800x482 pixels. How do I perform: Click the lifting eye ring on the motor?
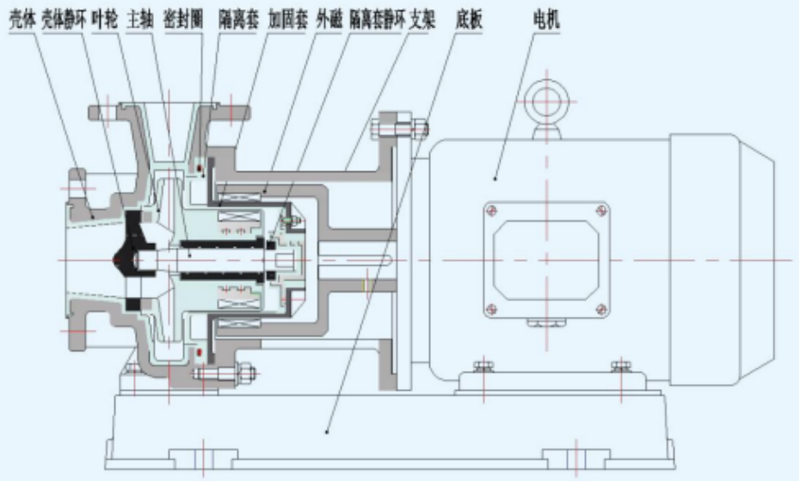(x=547, y=101)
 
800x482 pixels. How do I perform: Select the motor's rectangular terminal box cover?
(x=545, y=257)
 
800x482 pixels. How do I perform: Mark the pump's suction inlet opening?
(x=69, y=258)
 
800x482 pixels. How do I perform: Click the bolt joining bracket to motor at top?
(x=399, y=130)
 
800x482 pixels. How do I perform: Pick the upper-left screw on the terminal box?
(x=491, y=210)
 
